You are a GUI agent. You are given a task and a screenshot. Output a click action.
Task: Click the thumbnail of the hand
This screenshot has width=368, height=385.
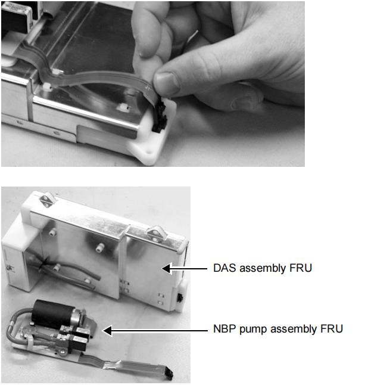(x=166, y=80)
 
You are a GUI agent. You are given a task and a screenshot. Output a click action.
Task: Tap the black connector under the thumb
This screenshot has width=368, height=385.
(x=160, y=117)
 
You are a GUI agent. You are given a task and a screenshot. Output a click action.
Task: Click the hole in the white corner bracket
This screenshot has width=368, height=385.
(x=148, y=153)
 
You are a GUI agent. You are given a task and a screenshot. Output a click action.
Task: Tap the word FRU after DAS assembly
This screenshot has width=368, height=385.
(x=301, y=268)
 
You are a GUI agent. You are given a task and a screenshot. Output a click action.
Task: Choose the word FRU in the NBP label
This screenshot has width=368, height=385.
(x=332, y=329)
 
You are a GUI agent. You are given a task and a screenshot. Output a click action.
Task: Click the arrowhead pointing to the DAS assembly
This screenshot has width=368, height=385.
(x=167, y=268)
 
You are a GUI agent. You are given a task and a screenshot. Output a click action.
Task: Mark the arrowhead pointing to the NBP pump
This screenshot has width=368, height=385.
(x=107, y=331)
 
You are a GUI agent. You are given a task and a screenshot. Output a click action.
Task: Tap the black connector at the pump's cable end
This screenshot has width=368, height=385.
(x=170, y=375)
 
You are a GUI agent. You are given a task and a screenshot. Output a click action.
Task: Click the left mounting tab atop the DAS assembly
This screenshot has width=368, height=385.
(x=46, y=200)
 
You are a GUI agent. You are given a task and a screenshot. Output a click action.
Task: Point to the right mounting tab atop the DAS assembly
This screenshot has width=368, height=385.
(x=155, y=234)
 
